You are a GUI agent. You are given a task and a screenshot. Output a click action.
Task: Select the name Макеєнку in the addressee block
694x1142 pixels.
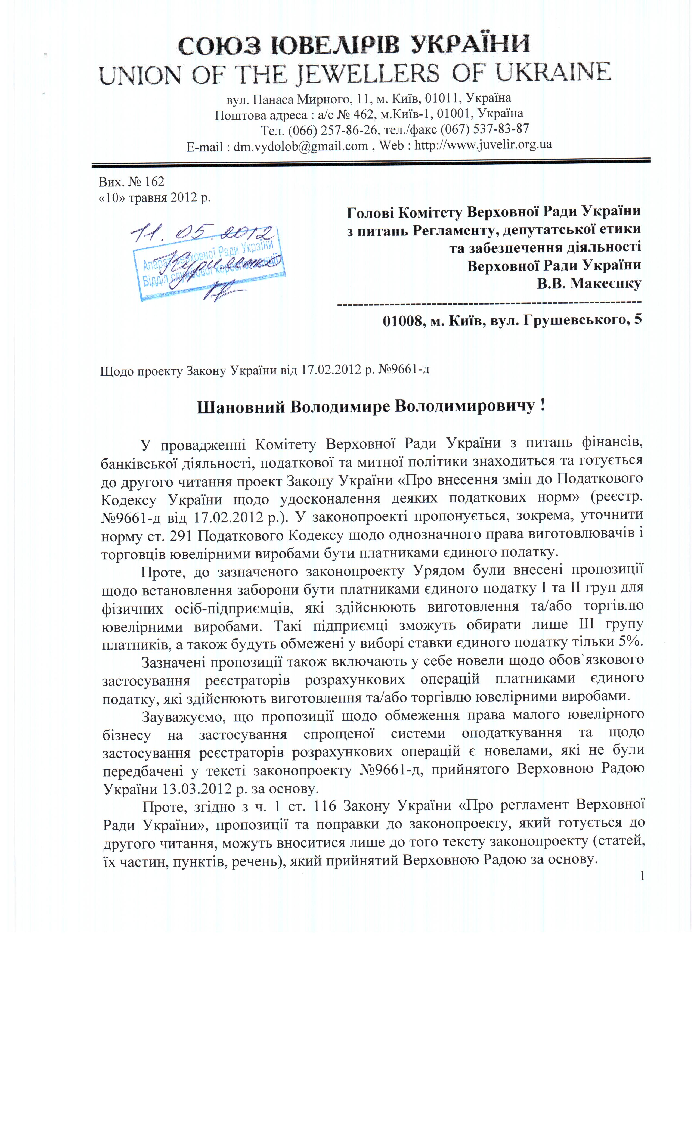click(605, 283)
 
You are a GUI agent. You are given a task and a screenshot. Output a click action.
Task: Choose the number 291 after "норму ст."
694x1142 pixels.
click(182, 535)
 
